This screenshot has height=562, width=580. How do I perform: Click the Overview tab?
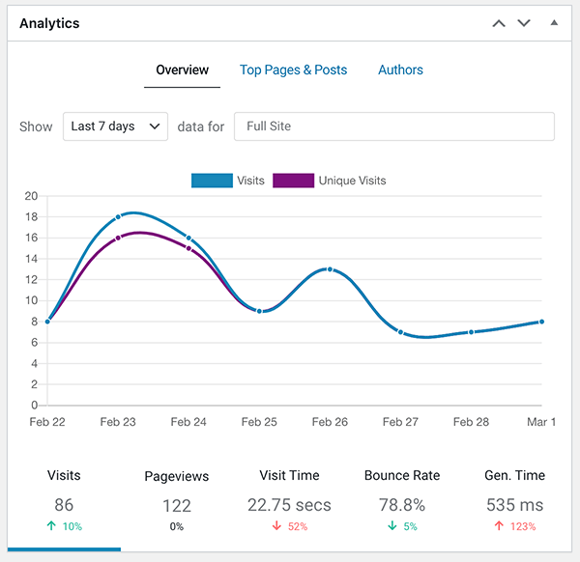click(182, 70)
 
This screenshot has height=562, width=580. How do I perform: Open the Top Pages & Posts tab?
click(293, 70)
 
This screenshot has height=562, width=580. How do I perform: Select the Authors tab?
click(400, 70)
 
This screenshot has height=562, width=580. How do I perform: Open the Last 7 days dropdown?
click(115, 126)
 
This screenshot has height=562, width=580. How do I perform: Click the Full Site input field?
click(394, 126)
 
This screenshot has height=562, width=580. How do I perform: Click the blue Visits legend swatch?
click(212, 181)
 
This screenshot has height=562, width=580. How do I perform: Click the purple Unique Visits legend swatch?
click(294, 181)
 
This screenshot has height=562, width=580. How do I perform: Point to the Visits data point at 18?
click(118, 217)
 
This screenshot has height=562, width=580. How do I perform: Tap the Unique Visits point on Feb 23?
click(118, 238)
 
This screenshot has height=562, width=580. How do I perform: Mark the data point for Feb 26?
click(330, 269)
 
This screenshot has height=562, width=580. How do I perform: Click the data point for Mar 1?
click(541, 322)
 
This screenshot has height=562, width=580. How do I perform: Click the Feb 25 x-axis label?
click(259, 422)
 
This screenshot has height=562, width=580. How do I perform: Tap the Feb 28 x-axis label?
click(471, 422)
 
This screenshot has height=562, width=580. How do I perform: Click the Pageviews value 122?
click(177, 505)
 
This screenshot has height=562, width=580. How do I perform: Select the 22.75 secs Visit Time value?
click(289, 505)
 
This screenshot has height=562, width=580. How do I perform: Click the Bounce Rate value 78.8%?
click(401, 505)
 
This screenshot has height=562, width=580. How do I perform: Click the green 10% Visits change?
click(64, 526)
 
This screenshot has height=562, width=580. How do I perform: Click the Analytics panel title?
click(49, 23)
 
